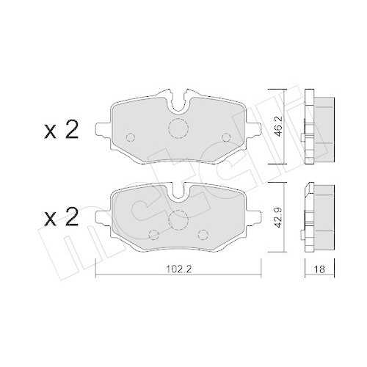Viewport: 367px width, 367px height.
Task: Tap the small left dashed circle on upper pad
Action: tap(130, 137)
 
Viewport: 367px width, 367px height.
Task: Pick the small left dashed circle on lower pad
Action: tap(154, 234)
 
